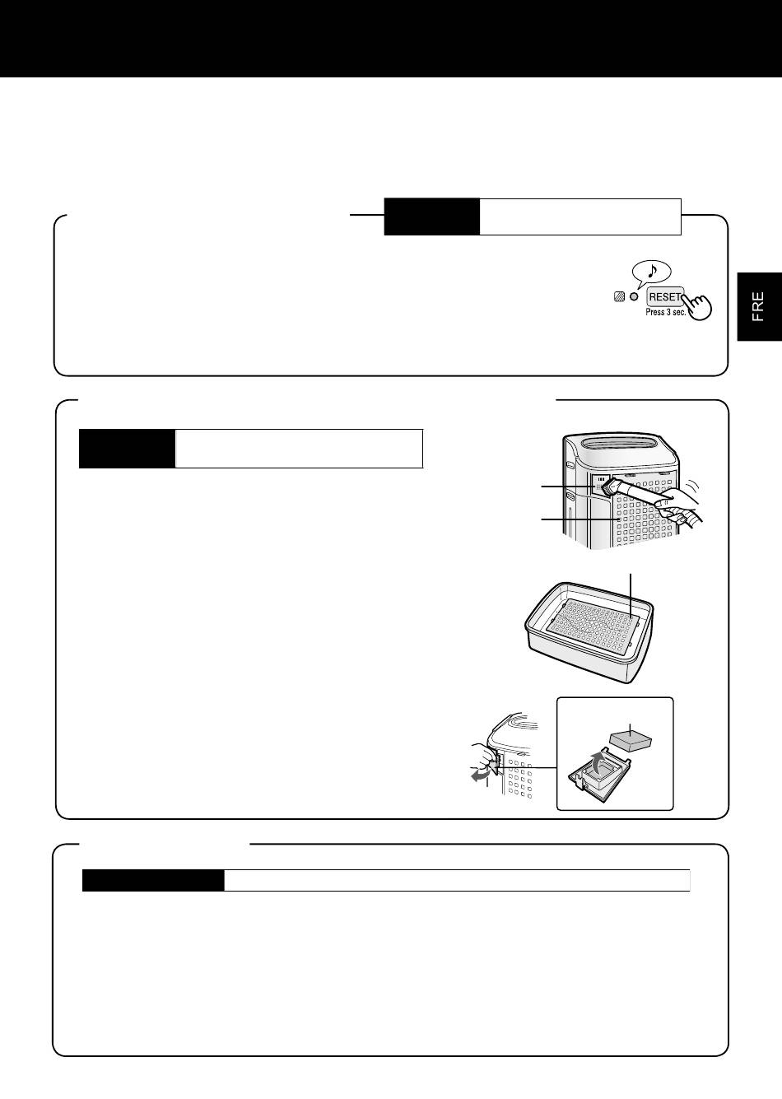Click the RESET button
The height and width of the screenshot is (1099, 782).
(x=665, y=297)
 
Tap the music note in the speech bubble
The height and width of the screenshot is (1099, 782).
(x=652, y=270)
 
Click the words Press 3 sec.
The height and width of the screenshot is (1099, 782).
(x=665, y=312)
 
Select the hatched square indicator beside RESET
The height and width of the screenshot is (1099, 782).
(x=620, y=297)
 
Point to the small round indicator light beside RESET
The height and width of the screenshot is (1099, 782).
(x=635, y=297)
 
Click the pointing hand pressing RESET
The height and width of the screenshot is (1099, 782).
(x=697, y=305)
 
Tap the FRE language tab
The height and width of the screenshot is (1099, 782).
(x=758, y=306)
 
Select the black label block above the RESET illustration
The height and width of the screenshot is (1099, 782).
(x=431, y=217)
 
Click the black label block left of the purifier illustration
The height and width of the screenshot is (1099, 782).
(x=127, y=449)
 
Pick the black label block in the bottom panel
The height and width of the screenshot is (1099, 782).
(x=153, y=880)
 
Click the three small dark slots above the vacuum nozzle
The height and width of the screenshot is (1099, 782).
(x=600, y=478)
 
